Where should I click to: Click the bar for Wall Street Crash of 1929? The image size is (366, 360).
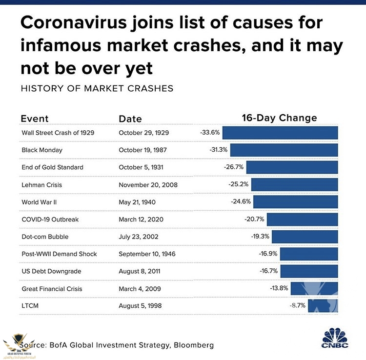(x=280, y=132)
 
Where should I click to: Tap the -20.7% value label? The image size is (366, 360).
(x=254, y=220)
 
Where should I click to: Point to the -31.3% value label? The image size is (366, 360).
(x=219, y=150)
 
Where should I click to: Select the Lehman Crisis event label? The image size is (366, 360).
(x=42, y=185)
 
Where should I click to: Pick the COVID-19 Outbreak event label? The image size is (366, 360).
(x=50, y=220)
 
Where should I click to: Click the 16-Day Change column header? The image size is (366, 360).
(x=279, y=118)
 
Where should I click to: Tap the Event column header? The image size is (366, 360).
(x=34, y=119)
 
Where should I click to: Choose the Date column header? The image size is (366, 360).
(x=130, y=119)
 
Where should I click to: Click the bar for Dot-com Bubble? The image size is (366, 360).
(x=305, y=237)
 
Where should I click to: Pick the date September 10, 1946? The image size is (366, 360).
(x=147, y=254)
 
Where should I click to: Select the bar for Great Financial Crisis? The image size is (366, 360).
(x=314, y=289)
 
